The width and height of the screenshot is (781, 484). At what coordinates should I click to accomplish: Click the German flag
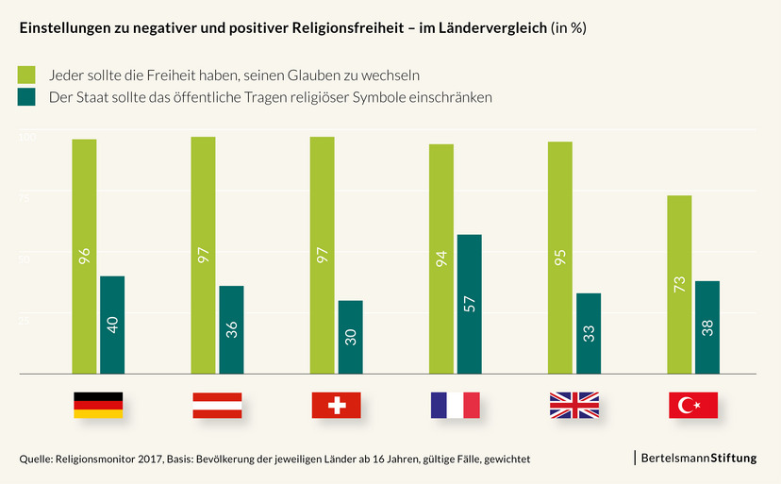[98, 405]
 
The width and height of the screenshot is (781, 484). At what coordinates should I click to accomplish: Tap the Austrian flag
[217, 405]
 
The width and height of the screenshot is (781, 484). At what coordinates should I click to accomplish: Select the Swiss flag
[336, 405]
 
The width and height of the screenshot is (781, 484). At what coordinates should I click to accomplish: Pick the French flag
[455, 405]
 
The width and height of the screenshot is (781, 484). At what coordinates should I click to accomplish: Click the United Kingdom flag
[573, 405]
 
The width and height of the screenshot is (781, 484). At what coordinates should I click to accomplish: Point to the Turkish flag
[693, 405]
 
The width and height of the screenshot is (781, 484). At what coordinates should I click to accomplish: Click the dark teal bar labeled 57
[470, 304]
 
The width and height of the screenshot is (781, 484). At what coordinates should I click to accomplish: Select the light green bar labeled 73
[679, 285]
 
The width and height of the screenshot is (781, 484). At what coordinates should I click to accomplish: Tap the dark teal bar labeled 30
[351, 337]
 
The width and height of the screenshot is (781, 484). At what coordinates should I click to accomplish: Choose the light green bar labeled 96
[84, 257]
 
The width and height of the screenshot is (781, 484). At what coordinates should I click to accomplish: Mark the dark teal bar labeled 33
[589, 333]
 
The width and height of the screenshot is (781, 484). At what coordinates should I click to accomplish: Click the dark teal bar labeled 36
[232, 329]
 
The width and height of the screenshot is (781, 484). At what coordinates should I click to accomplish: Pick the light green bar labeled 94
[441, 259]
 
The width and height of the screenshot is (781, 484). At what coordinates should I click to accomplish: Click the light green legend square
[27, 74]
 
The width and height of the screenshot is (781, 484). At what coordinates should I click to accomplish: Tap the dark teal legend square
[27, 96]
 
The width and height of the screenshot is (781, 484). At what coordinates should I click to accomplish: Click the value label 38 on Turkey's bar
[707, 327]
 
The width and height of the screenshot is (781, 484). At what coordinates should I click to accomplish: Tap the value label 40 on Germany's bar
[113, 325]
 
